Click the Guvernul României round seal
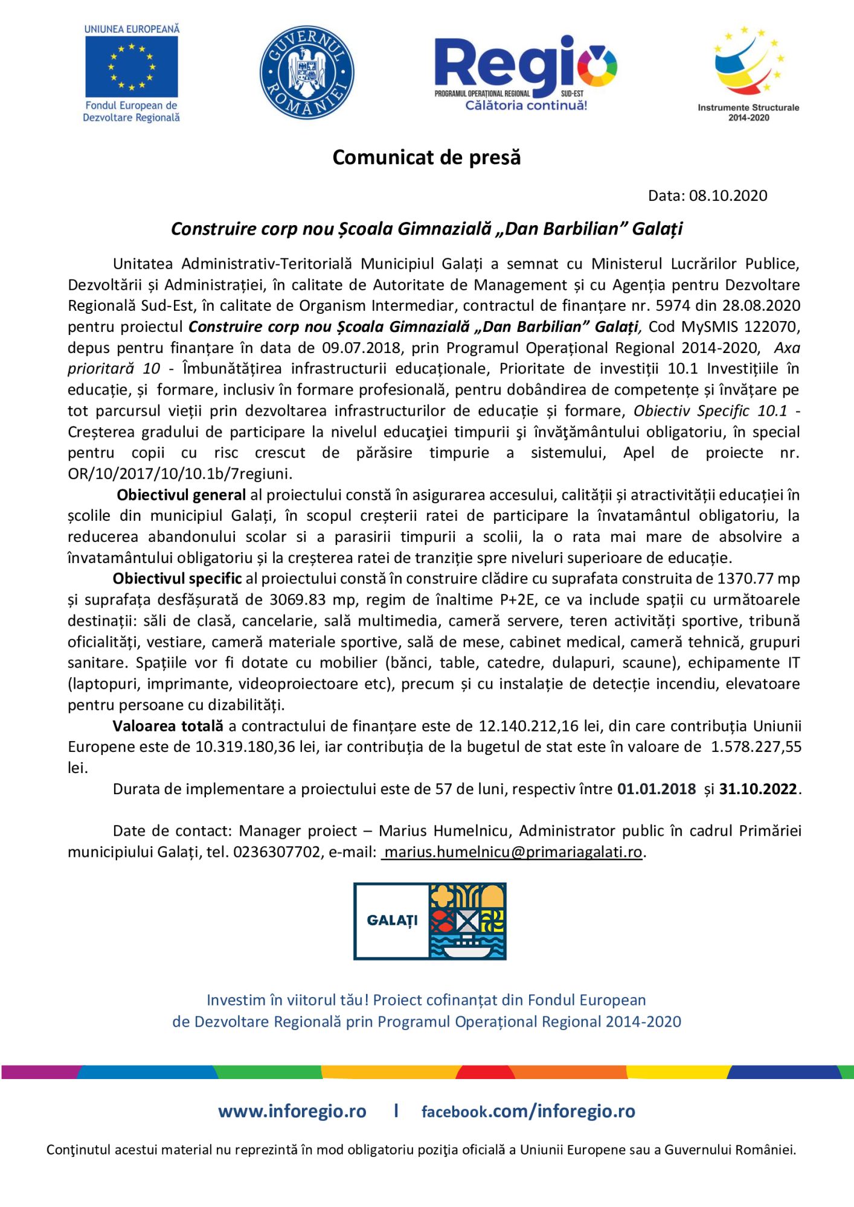[307, 72]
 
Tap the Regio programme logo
[525, 72]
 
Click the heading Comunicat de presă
[426, 158]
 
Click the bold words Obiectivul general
[181, 495]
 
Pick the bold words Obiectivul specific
[178, 578]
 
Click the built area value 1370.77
[744, 578]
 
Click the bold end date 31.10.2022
[758, 789]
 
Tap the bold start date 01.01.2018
[656, 789]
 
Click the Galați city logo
[429, 921]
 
